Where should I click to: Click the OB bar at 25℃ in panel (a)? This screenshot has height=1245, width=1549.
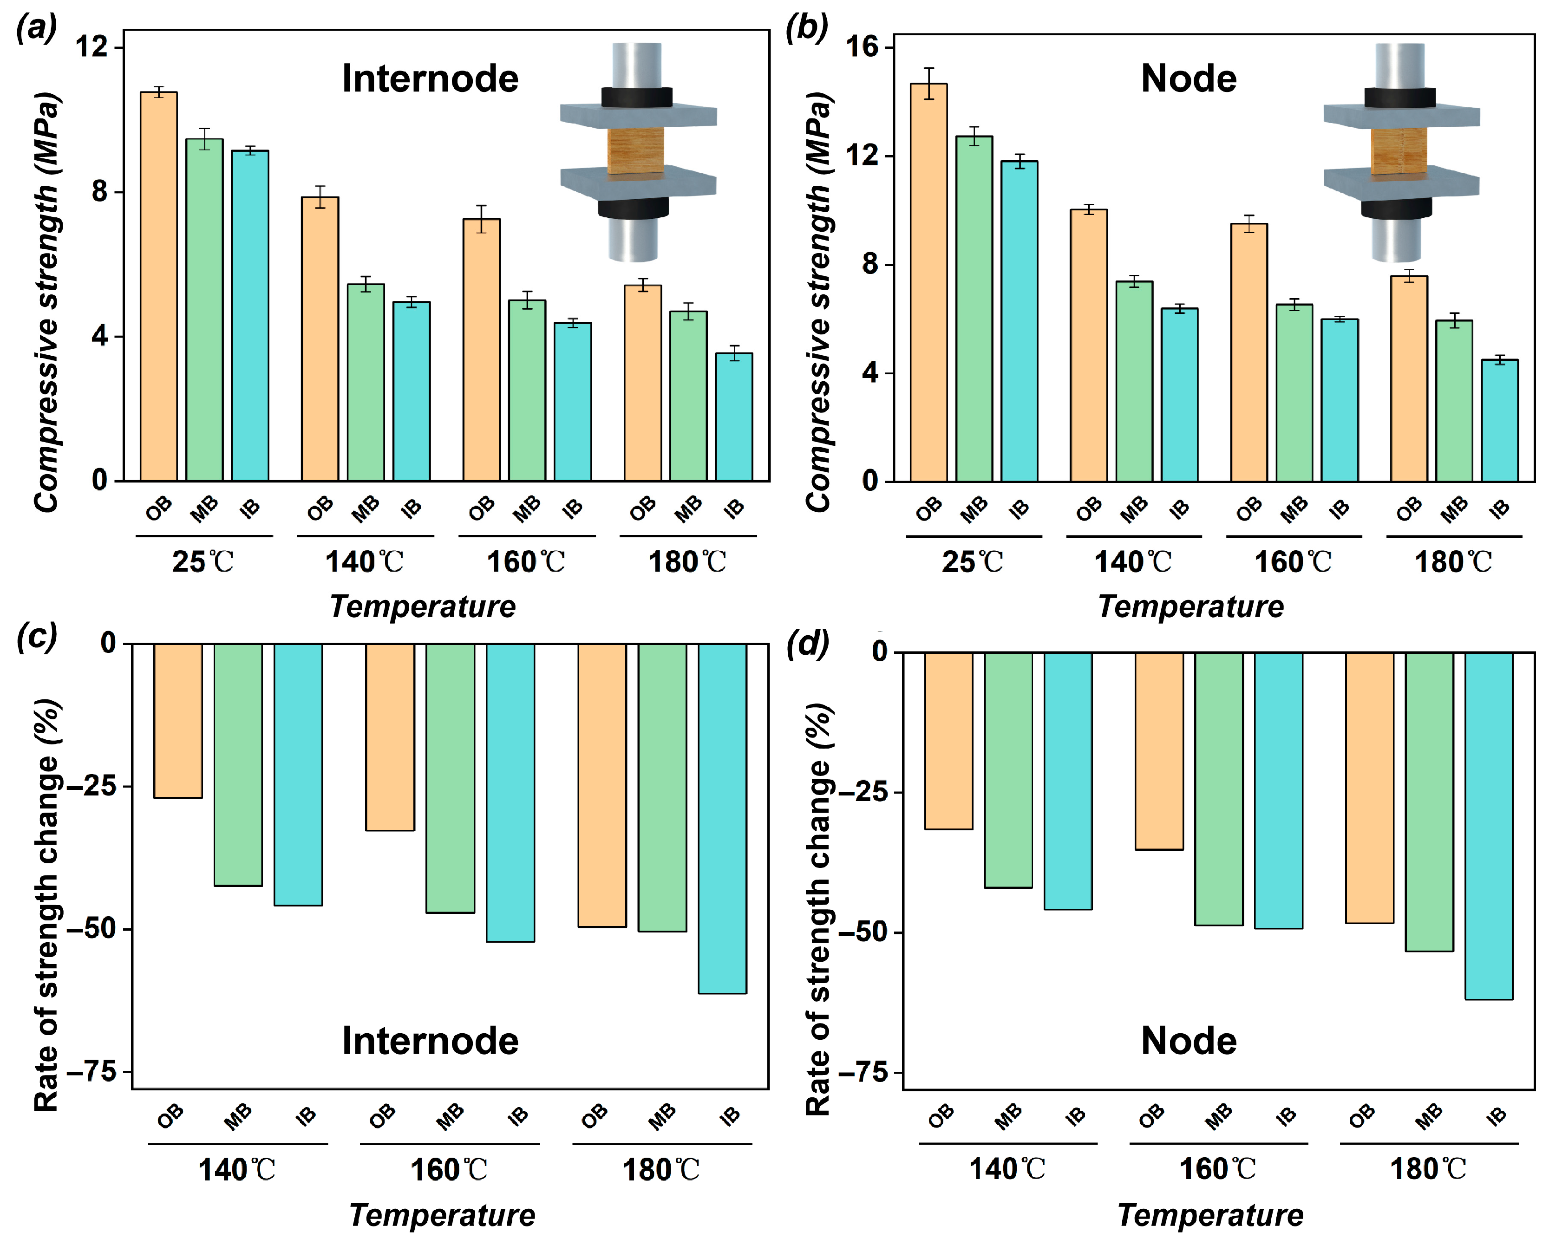pos(159,286)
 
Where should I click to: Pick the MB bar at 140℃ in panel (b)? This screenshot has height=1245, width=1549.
pos(1134,381)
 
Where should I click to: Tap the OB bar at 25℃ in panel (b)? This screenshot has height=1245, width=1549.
pos(929,282)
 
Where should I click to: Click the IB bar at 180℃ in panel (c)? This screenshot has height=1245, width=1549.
pos(723,818)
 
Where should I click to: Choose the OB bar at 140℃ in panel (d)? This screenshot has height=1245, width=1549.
pos(948,741)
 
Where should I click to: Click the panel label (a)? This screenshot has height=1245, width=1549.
pos(36,29)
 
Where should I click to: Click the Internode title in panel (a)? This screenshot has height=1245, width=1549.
pos(430,78)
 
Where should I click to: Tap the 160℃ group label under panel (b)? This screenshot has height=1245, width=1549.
pos(1293,562)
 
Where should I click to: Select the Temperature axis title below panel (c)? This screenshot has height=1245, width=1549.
pos(443,1216)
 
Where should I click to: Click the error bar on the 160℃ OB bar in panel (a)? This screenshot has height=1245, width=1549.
pos(481,219)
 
